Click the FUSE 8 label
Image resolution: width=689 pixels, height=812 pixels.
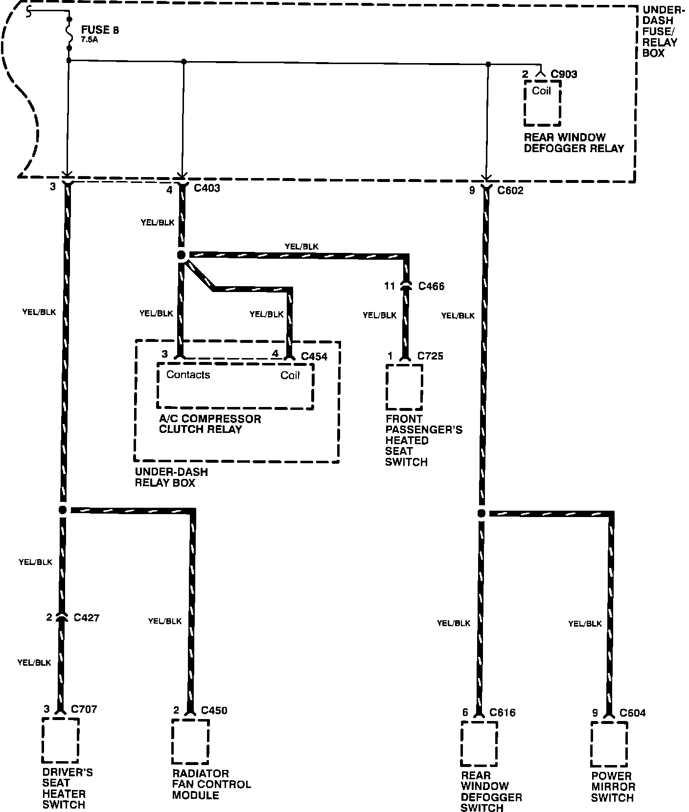coord(100,30)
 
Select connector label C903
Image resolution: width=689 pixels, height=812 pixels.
coord(564,74)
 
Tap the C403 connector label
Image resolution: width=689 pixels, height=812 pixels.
coord(207,188)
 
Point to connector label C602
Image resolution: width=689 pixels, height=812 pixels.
coord(510,190)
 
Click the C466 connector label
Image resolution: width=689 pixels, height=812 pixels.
coord(431,286)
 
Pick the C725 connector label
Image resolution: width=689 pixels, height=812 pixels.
coord(430,356)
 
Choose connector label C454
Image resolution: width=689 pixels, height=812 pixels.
coord(314,356)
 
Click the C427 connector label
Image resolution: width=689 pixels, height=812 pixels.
coord(86,618)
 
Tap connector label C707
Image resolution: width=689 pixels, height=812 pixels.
coord(84,709)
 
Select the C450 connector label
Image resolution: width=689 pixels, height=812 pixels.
coord(214,710)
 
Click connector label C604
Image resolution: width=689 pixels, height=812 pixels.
coord(632,713)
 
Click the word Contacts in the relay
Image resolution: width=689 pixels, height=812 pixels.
coord(188,375)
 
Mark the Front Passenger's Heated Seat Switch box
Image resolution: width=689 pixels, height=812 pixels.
coord(404,386)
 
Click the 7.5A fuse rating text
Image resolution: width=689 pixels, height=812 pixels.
coord(89,40)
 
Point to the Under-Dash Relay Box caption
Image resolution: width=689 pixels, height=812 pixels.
coord(164,477)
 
